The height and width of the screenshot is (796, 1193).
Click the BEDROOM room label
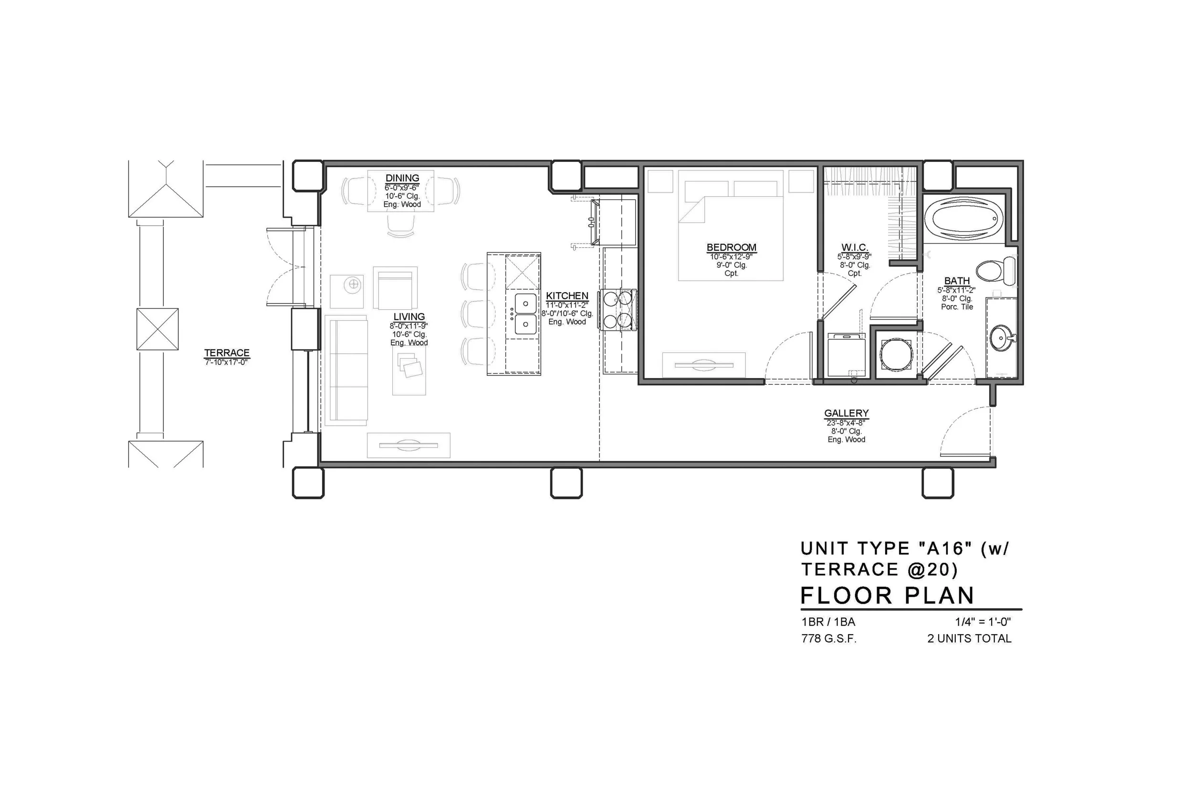point(731,247)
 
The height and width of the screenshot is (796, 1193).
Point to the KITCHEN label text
point(566,296)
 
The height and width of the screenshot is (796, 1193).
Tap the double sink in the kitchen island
point(525,314)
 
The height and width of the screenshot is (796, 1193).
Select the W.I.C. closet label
point(855,248)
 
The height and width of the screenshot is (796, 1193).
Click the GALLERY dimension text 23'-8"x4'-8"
point(846,423)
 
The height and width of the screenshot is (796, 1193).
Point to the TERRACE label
point(227,352)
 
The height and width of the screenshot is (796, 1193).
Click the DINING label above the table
point(402,178)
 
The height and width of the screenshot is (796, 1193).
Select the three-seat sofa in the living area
point(347,371)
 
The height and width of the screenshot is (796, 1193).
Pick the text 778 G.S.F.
point(828,638)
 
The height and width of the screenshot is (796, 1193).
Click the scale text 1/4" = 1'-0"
point(983,621)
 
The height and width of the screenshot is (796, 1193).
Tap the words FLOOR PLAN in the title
point(887,595)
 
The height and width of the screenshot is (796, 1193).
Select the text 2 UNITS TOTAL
point(969,638)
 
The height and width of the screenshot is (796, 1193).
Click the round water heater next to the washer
point(895,354)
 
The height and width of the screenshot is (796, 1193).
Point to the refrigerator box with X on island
point(522,272)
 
